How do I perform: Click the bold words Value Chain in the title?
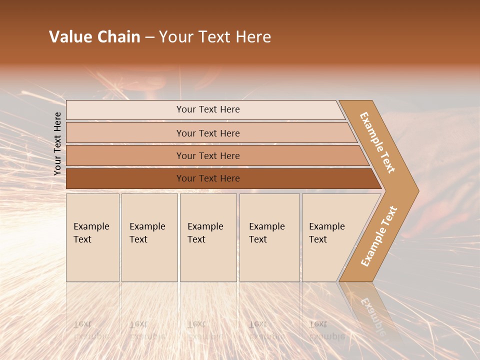(94, 37)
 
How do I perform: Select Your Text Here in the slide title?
(215, 37)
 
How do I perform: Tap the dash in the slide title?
(149, 37)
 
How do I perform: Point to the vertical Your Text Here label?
(57, 143)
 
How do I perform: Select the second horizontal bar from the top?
(208, 133)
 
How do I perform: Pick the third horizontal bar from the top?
(208, 155)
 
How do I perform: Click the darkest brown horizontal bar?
(208, 178)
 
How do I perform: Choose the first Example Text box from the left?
(92, 237)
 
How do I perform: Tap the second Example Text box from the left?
(149, 237)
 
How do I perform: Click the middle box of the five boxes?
(208, 237)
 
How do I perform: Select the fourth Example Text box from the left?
(269, 237)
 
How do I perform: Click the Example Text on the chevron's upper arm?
(377, 142)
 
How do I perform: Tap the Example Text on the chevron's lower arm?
(378, 236)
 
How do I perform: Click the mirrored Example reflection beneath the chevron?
(372, 316)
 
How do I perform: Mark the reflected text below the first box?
(91, 330)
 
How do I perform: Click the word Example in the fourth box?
(266, 226)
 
